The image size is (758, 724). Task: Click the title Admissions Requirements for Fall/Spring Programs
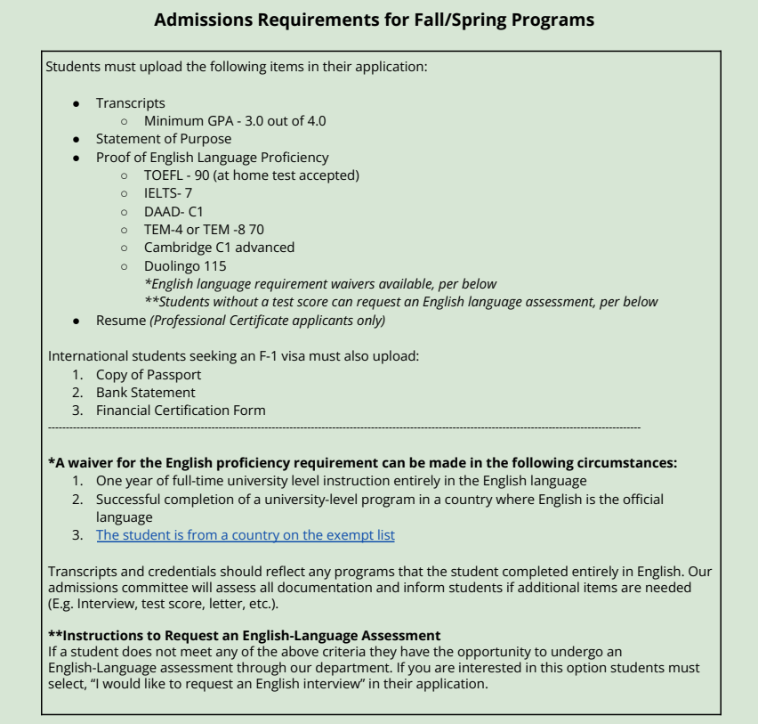[x=375, y=20]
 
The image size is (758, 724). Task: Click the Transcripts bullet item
[x=131, y=103]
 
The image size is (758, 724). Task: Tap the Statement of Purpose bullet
[x=164, y=139]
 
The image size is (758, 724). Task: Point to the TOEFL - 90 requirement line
[x=252, y=175]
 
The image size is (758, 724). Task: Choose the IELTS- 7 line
[x=168, y=193]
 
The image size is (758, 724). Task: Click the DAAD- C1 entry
[x=173, y=211]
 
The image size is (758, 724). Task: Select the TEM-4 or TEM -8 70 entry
[x=204, y=229]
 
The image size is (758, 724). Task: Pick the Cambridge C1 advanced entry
[x=219, y=247]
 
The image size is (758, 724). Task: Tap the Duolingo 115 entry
[x=185, y=265]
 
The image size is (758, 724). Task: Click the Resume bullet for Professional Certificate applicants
[x=240, y=320]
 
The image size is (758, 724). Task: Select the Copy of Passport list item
[x=149, y=375]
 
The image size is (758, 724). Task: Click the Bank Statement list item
[x=146, y=393]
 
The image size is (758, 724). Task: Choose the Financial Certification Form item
[x=181, y=411]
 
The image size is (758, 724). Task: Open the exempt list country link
[x=246, y=535]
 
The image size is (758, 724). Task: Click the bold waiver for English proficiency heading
[x=362, y=463]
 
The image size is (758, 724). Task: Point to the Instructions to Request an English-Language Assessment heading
[x=244, y=635]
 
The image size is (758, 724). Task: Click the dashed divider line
[x=343, y=428]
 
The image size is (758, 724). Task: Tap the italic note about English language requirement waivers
[x=320, y=283]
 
